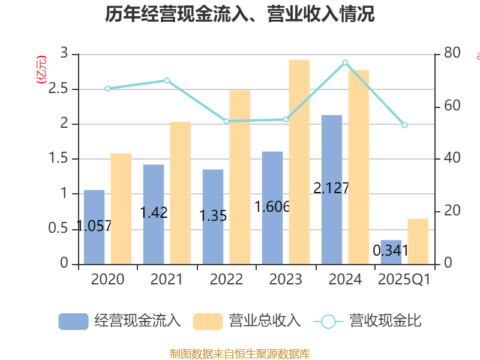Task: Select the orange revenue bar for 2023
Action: click(x=299, y=162)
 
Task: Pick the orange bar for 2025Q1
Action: click(x=418, y=241)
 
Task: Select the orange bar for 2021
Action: click(x=181, y=193)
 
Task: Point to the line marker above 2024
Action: click(x=345, y=62)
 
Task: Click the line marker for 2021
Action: click(x=167, y=80)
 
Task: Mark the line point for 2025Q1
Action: click(x=404, y=125)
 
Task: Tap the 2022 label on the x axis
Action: click(x=226, y=280)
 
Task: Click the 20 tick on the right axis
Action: click(x=452, y=211)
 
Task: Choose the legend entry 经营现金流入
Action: click(x=120, y=321)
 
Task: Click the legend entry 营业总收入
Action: click(x=247, y=321)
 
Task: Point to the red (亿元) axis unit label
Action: click(x=41, y=70)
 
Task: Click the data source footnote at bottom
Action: click(x=240, y=353)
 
